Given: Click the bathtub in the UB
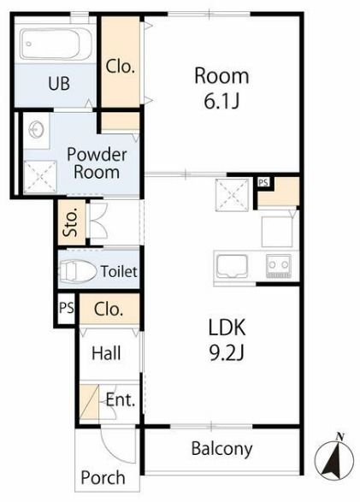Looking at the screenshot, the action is click(x=56, y=44).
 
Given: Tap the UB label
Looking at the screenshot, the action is click(x=59, y=83).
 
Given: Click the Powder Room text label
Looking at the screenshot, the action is click(x=97, y=163).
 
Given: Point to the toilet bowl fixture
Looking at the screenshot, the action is click(x=79, y=272).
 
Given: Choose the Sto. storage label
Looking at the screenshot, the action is click(x=71, y=221).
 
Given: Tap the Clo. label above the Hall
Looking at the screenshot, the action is click(x=109, y=309).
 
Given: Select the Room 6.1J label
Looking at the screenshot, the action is click(x=221, y=88).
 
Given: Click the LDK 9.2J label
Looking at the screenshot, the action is click(x=227, y=340).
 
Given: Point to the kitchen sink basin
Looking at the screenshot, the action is click(x=232, y=266).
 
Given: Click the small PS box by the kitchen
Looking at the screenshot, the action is click(x=263, y=182).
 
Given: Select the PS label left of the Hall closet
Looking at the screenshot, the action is click(x=67, y=308).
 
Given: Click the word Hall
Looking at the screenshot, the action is click(x=106, y=353).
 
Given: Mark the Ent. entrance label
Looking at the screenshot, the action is click(x=121, y=399).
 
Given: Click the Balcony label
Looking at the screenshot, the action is click(x=221, y=449).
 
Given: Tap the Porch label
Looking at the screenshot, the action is click(x=103, y=478).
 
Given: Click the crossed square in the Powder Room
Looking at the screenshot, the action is click(x=40, y=177).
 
